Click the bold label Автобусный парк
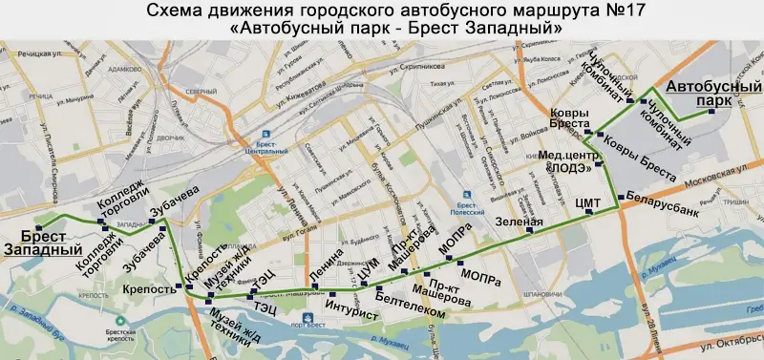click(707, 93)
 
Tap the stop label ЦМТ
click(588, 203)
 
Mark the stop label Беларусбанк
click(657, 192)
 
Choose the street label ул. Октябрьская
click(731, 340)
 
